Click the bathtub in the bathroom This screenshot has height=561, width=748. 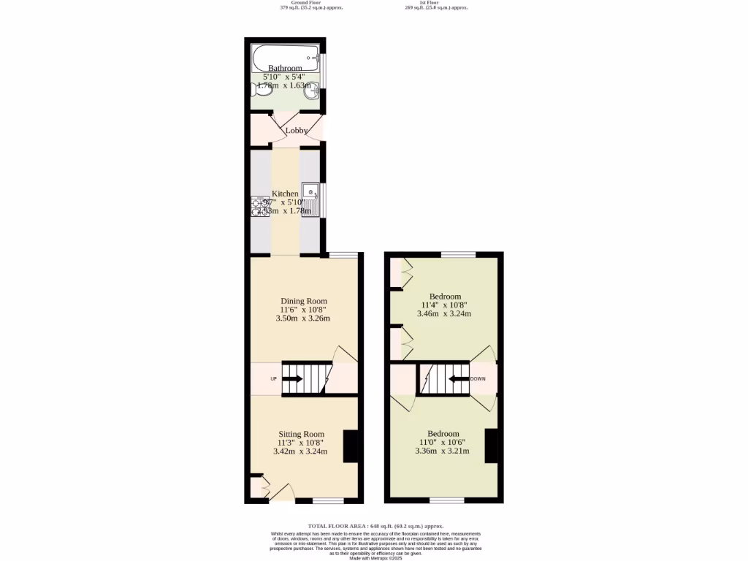pyautogui.click(x=285, y=56)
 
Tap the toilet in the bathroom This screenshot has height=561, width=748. pyautogui.click(x=257, y=90)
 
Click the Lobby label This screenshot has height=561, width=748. pyautogui.click(x=296, y=131)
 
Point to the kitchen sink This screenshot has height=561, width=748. pyautogui.click(x=311, y=194)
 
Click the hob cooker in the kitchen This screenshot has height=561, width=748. pyautogui.click(x=259, y=207)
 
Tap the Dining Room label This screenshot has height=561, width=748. pyautogui.click(x=304, y=301)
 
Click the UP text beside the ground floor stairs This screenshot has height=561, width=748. pyautogui.click(x=273, y=379)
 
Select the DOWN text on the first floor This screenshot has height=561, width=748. pyautogui.click(x=478, y=379)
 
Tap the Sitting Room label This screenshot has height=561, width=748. pyautogui.click(x=300, y=434)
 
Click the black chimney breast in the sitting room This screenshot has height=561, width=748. pyautogui.click(x=351, y=446)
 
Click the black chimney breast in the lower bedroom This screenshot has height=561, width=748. pyautogui.click(x=491, y=446)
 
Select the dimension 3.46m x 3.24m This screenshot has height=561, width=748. pyautogui.click(x=444, y=314)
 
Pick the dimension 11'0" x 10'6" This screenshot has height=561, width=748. pyautogui.click(x=443, y=442)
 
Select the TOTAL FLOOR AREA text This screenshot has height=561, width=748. pyautogui.click(x=375, y=526)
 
